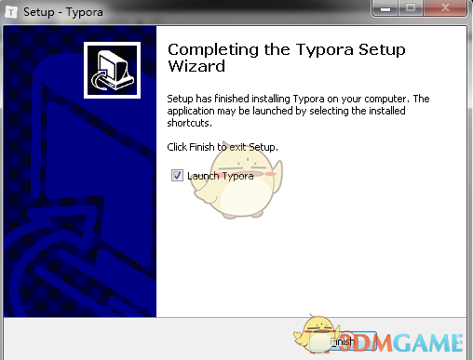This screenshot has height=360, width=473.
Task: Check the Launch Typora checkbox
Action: pyautogui.click(x=177, y=175)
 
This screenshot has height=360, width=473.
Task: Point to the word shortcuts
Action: pyautogui.click(x=189, y=122)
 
